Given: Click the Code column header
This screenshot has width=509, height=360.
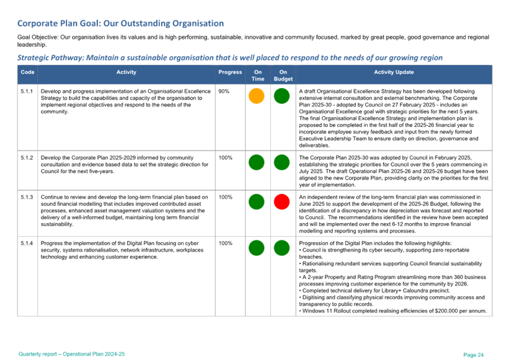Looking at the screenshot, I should pyautogui.click(x=27, y=72).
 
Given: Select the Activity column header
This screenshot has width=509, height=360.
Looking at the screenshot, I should pyautogui.click(x=126, y=72).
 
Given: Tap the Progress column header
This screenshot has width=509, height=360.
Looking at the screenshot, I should pyautogui.click(x=230, y=72).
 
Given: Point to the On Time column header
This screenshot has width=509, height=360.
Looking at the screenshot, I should pyautogui.click(x=257, y=76).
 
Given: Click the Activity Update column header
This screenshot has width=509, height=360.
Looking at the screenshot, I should pyautogui.click(x=394, y=72).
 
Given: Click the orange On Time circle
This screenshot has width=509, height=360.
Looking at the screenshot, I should pyautogui.click(x=257, y=96).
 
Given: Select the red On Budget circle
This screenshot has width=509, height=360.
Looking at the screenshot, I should pyautogui.click(x=282, y=202).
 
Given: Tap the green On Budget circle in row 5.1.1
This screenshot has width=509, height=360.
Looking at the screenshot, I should pyautogui.click(x=282, y=96).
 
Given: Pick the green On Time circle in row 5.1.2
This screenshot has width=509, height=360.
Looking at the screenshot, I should pyautogui.click(x=257, y=163).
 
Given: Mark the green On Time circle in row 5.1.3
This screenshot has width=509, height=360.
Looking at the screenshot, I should pyautogui.click(x=257, y=202).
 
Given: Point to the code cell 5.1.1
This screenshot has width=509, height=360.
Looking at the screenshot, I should pyautogui.click(x=27, y=91).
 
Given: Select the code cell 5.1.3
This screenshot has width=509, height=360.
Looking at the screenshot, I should pyautogui.click(x=27, y=197).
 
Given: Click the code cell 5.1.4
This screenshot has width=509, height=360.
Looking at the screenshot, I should pyautogui.click(x=27, y=243).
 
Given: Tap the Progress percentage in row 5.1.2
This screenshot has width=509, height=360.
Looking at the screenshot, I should pyautogui.click(x=226, y=158).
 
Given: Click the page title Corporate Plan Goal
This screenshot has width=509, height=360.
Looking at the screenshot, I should pyautogui.click(x=120, y=24).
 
